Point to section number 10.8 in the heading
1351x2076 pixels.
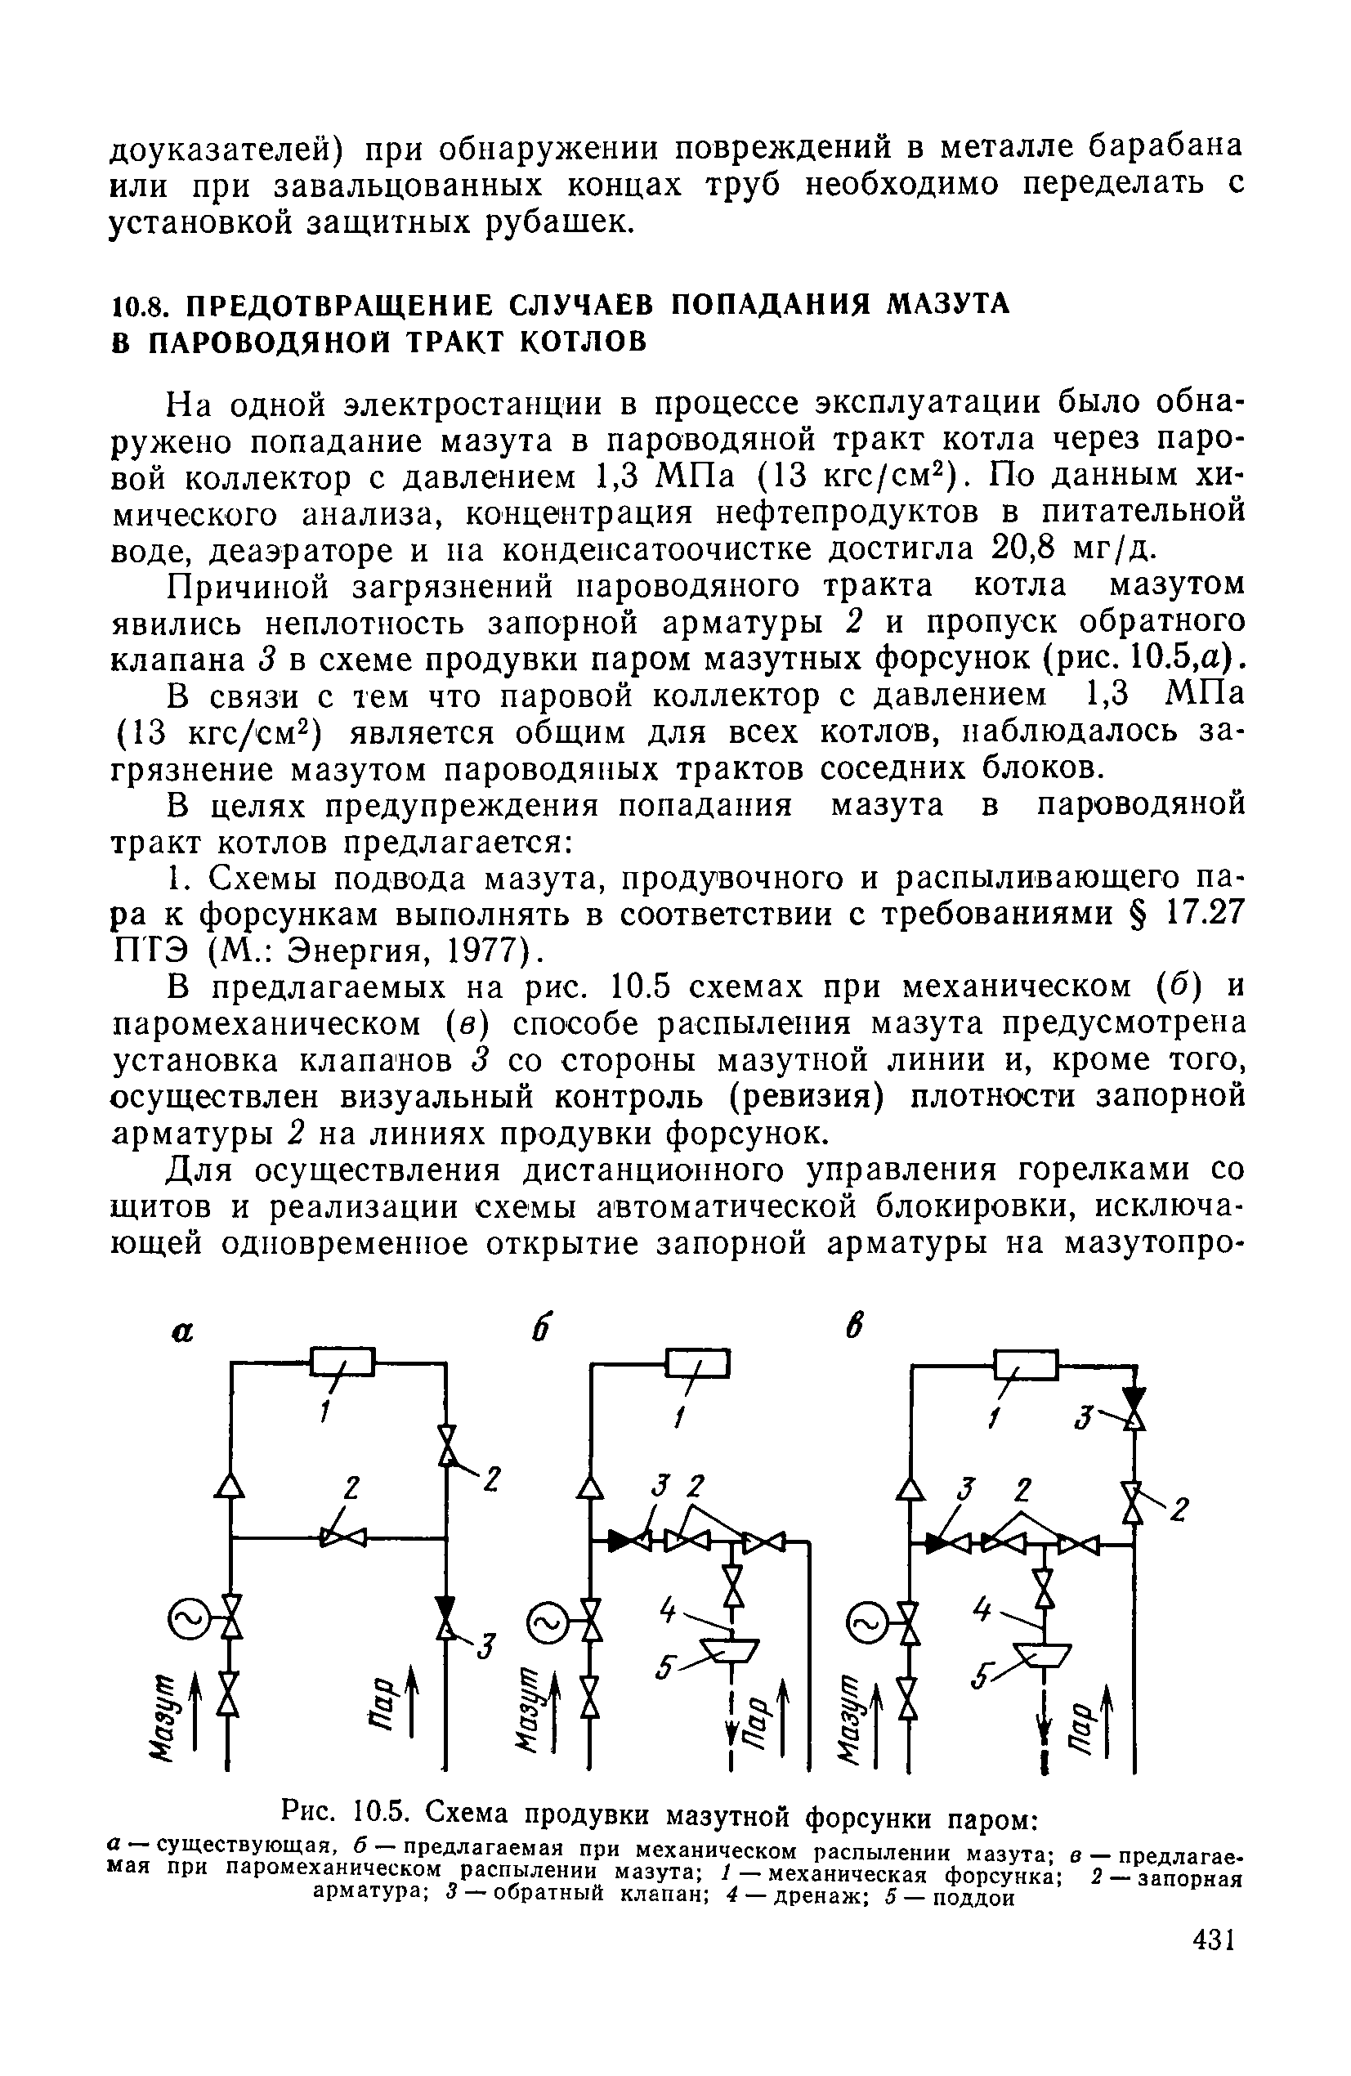(137, 304)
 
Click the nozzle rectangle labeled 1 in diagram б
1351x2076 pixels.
(698, 1362)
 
